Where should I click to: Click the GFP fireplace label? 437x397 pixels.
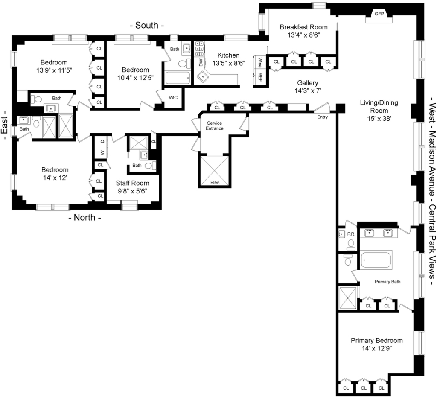pyautogui.click(x=379, y=14)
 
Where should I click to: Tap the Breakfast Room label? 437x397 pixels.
pyautogui.click(x=303, y=27)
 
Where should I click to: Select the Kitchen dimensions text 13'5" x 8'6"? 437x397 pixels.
pyautogui.click(x=229, y=63)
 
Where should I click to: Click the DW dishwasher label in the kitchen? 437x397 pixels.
pyautogui.click(x=201, y=63)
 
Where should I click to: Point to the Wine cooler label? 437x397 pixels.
pyautogui.click(x=260, y=62)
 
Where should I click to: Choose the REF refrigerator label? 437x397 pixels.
pyautogui.click(x=260, y=77)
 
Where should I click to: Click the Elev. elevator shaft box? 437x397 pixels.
pyautogui.click(x=215, y=171)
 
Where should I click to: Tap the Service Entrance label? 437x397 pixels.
pyautogui.click(x=214, y=126)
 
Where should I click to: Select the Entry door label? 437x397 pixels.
pyautogui.click(x=323, y=117)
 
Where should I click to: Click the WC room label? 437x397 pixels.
pyautogui.click(x=173, y=98)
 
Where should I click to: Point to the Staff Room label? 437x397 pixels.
pyautogui.click(x=132, y=183)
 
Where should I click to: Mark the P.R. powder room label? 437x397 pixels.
pyautogui.click(x=351, y=234)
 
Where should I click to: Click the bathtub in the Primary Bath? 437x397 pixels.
pyautogui.click(x=376, y=260)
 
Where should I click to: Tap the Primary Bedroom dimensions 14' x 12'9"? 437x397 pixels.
pyautogui.click(x=376, y=348)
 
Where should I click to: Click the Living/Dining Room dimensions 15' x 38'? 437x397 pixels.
pyautogui.click(x=379, y=119)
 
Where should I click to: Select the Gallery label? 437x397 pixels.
pyautogui.click(x=308, y=83)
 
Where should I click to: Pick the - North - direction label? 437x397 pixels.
pyautogui.click(x=85, y=217)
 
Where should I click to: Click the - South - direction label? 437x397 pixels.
pyautogui.click(x=147, y=25)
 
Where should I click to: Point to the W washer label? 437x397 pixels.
pyautogui.click(x=102, y=152)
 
